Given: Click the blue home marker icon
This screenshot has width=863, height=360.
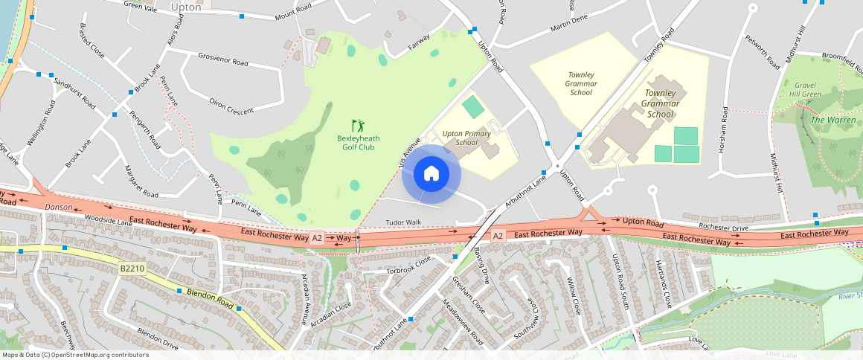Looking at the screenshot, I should [431, 174].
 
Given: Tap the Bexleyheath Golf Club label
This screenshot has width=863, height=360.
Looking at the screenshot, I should [359, 142].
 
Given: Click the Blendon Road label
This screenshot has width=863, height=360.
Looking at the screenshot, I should [211, 299].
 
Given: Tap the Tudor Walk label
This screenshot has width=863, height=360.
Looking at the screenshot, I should [403, 222].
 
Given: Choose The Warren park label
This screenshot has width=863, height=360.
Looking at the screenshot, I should [833, 120].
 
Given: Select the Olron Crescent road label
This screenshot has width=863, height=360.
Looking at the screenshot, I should [231, 106].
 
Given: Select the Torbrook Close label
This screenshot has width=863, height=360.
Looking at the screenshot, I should [408, 266].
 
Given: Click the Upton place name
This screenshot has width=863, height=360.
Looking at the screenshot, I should [186, 7].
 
